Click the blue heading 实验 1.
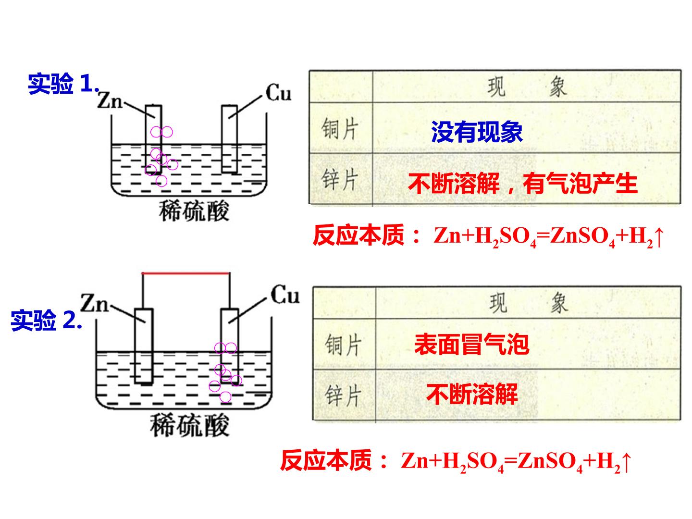(63, 84)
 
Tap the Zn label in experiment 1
(110, 100)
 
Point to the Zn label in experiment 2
(94, 303)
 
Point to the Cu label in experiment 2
(284, 295)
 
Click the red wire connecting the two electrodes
(185, 273)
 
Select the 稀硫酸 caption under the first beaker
(194, 211)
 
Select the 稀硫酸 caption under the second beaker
(189, 426)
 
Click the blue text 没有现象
(477, 132)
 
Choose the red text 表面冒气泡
(471, 345)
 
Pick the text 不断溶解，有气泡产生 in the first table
(523, 184)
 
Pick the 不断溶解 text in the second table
(472, 394)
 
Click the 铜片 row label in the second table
(343, 345)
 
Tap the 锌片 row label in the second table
(343, 395)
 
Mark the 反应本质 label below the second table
(326, 460)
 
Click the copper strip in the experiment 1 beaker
(229, 139)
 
